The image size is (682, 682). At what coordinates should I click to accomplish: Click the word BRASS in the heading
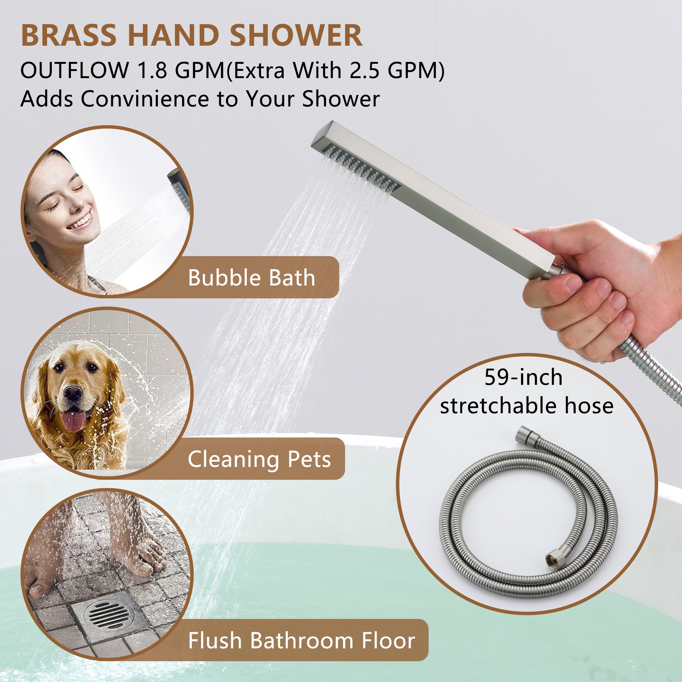[x=69, y=36]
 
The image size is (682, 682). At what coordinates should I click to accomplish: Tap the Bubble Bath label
[x=251, y=278]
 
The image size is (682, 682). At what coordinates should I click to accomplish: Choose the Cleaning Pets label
[x=260, y=459]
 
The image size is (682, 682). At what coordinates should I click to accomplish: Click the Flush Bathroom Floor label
[x=301, y=640]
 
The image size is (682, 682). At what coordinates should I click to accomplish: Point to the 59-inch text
[x=523, y=377]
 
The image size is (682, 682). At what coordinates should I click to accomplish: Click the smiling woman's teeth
[x=79, y=222]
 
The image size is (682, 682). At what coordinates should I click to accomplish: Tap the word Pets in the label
[x=309, y=459]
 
